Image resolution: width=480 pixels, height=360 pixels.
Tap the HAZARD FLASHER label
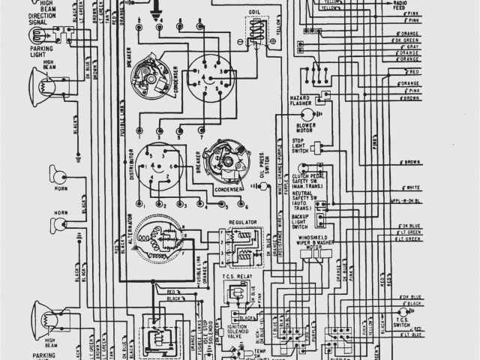(x=301, y=100)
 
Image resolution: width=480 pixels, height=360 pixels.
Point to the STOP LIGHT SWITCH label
(x=300, y=147)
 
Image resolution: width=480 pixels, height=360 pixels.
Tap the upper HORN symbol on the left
(x=59, y=178)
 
